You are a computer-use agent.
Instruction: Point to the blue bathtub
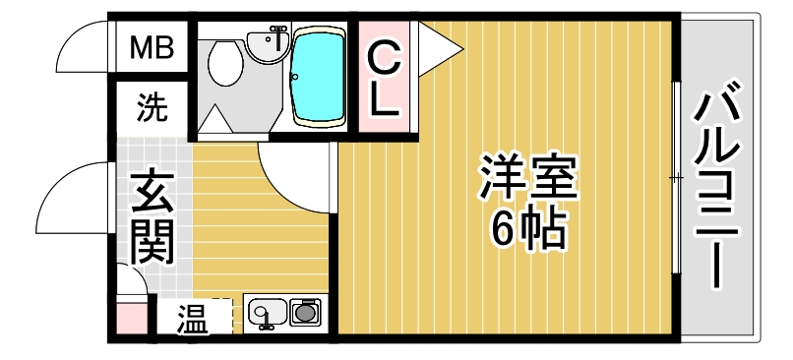point(320,77)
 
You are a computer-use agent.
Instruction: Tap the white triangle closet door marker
point(438,45)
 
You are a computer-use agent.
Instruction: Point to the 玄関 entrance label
point(152,216)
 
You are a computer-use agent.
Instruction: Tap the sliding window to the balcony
point(676,177)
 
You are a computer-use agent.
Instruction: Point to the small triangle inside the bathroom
point(213,122)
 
